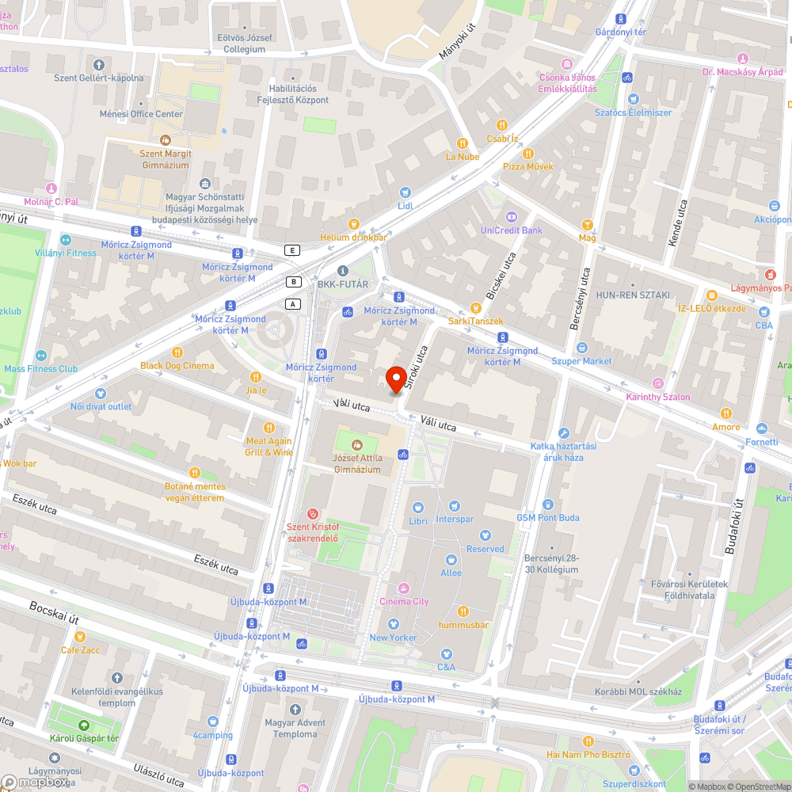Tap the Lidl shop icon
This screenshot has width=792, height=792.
(x=406, y=192)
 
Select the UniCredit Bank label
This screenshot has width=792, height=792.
(x=512, y=230)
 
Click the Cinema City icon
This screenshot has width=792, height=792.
(x=404, y=588)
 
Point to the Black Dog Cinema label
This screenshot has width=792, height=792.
(x=177, y=365)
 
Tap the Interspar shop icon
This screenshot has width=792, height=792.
(x=454, y=506)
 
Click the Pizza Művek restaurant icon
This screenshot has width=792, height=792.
(x=528, y=154)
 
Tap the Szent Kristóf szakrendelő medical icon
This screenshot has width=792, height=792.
(x=313, y=514)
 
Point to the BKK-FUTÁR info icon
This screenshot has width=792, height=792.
(x=342, y=270)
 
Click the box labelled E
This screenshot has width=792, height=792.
(x=294, y=250)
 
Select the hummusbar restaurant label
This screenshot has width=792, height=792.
(x=463, y=624)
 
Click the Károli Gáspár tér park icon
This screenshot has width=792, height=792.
(x=83, y=725)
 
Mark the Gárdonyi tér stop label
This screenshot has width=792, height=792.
(x=620, y=32)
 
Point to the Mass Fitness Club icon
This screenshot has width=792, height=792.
(x=41, y=368)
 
